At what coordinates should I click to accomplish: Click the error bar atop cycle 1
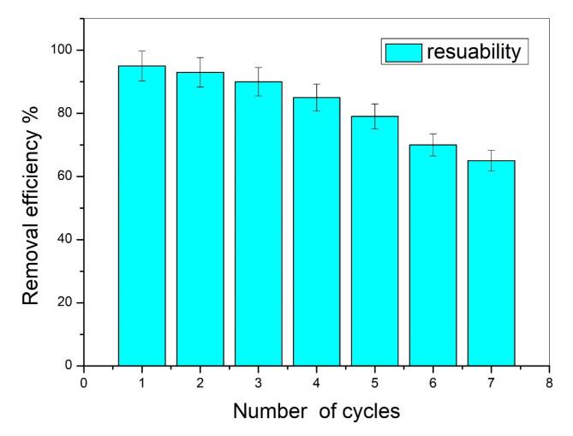[141, 65]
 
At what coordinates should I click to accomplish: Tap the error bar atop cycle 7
[491, 160]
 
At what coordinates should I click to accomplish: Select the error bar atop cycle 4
[316, 97]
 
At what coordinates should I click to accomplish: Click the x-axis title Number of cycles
[316, 412]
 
